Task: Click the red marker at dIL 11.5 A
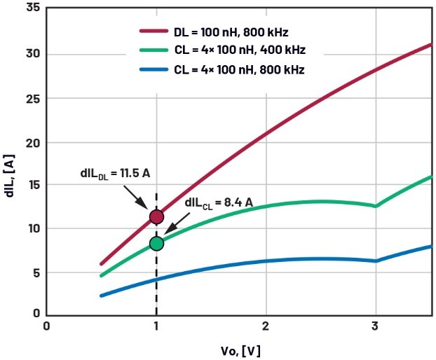point(156,217)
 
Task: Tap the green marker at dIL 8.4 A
point(156,243)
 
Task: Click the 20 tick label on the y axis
point(32,142)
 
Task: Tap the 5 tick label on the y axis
point(35,272)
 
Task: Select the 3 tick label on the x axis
point(375,326)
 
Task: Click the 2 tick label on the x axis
point(266,326)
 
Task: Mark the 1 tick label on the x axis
point(156,326)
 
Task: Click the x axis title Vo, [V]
point(239,349)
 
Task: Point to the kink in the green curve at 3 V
point(376,206)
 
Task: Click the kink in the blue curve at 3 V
point(376,261)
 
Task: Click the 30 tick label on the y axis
point(32,55)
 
